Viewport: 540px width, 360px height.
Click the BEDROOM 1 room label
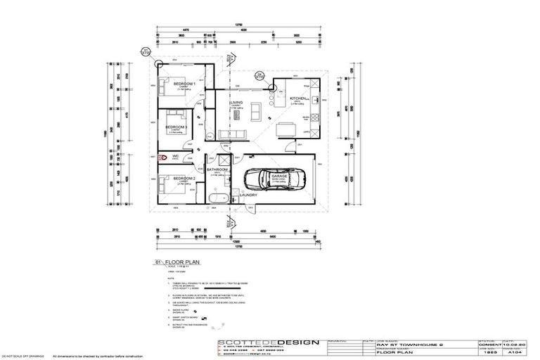pos(184,84)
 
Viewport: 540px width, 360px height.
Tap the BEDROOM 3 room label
pos(176,127)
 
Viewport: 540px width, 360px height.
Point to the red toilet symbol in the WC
pos(162,158)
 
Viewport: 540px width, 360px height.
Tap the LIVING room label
pos(235,103)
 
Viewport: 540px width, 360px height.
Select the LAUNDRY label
pos(250,195)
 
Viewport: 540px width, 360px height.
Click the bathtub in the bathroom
pos(215,201)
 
